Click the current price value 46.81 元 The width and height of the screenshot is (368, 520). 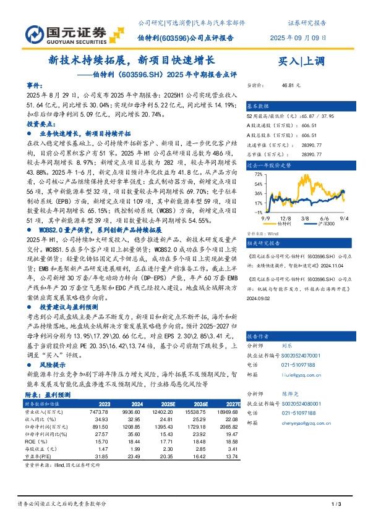pos(290,85)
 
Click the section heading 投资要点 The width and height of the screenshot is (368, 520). pos(40,124)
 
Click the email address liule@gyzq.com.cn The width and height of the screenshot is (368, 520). pos(298,374)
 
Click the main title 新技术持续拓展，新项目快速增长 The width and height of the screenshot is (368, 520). pos(131,61)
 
